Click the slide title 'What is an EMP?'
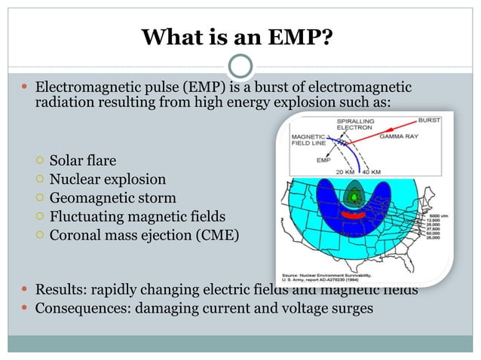pyautogui.click(x=240, y=36)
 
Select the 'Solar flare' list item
pyautogui.click(x=83, y=160)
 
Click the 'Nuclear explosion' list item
pyautogui.click(x=108, y=179)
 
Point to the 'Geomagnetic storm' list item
pyautogui.click(x=112, y=198)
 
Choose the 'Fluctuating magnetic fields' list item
pyautogui.click(x=139, y=217)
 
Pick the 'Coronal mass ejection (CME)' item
pyautogui.click(x=144, y=236)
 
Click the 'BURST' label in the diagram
pyautogui.click(x=430, y=121)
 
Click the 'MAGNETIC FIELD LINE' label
pyautogui.click(x=308, y=139)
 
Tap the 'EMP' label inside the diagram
pyautogui.click(x=324, y=160)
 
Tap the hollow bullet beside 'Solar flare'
pyautogui.click(x=39, y=160)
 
